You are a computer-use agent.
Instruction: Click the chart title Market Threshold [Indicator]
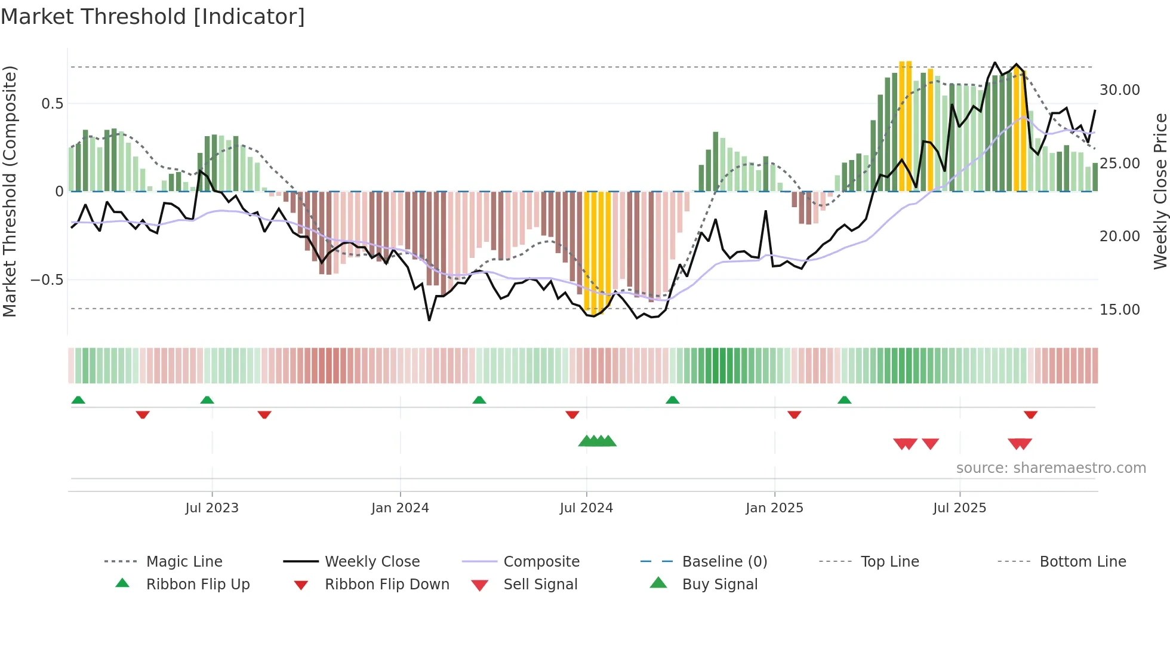tap(153, 17)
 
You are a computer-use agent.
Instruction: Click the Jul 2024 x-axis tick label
tap(586, 508)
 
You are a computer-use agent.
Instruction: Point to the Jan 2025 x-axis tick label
tap(774, 508)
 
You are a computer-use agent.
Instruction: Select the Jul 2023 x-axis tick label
tap(212, 508)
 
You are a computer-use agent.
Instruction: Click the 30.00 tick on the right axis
tap(1119, 90)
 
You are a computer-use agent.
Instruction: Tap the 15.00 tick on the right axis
tap(1119, 309)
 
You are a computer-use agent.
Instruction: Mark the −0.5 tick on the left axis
tap(47, 280)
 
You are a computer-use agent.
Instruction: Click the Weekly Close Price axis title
tap(1159, 191)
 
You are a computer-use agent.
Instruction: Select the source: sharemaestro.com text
tap(1051, 468)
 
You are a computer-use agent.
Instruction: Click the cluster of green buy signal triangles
tap(597, 441)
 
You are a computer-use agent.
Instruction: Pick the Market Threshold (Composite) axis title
tap(10, 191)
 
